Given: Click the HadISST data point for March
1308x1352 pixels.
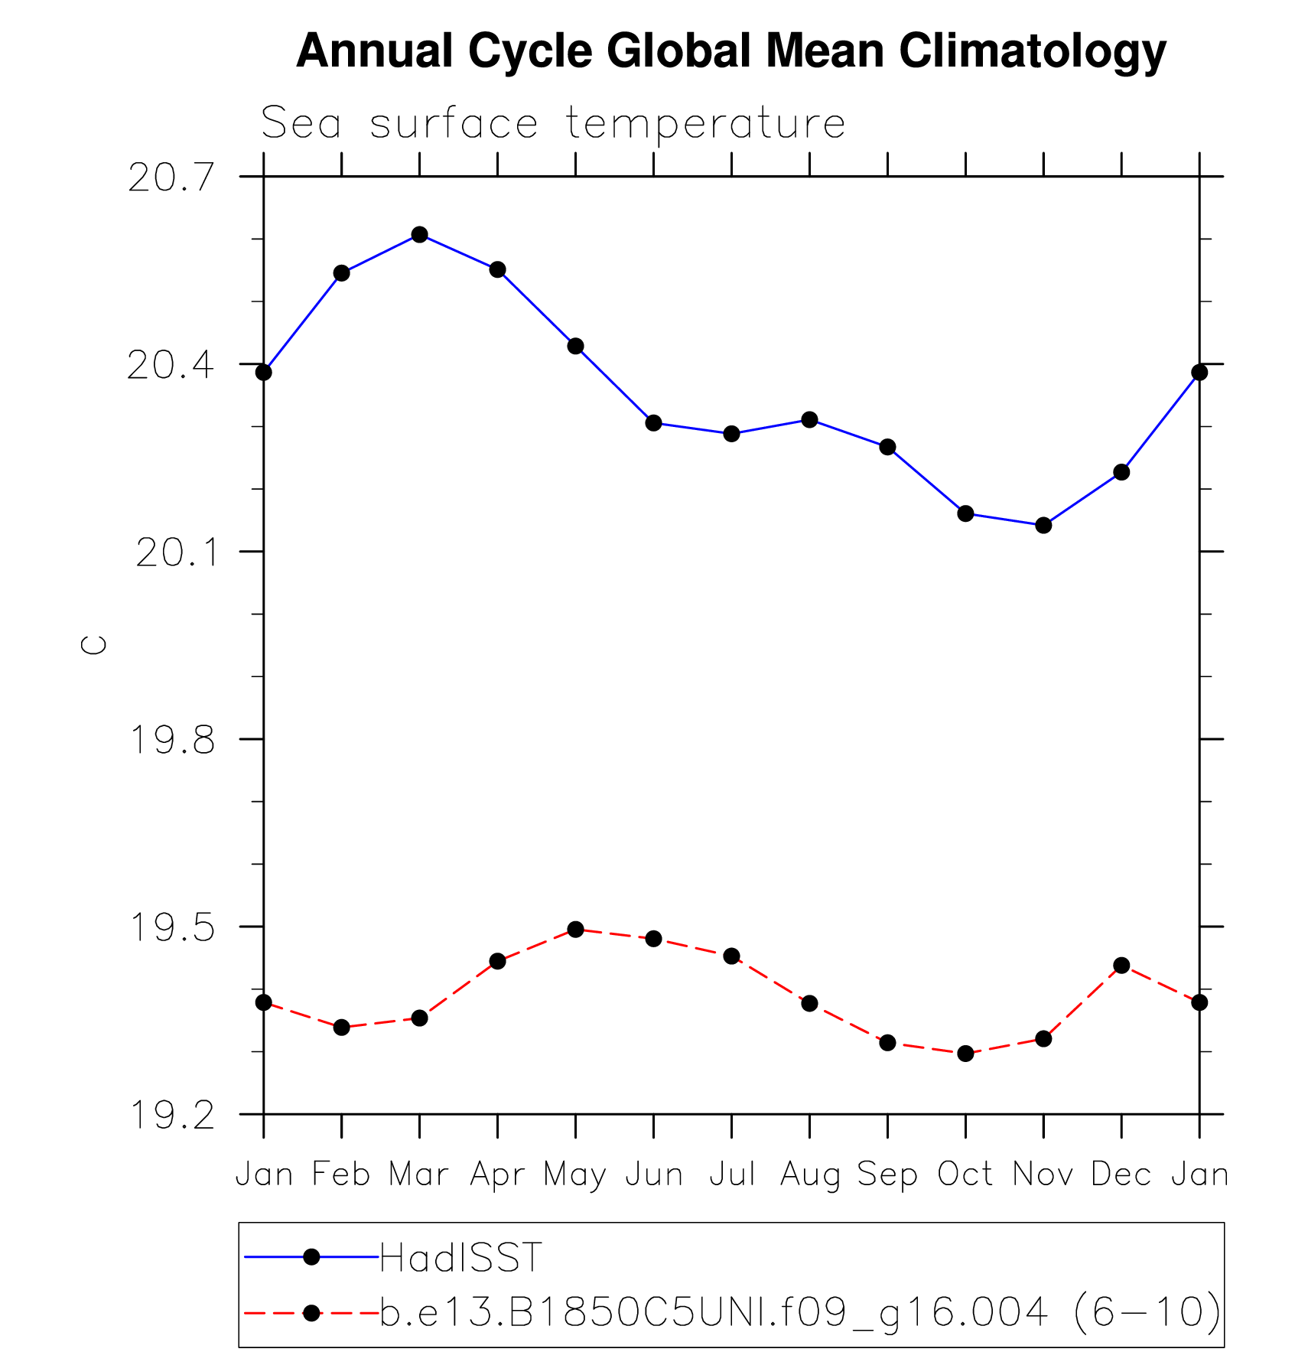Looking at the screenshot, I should pyautogui.click(x=419, y=234).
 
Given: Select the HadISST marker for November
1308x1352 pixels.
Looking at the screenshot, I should pyautogui.click(x=1043, y=525).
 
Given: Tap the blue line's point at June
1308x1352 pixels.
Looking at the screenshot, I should pyautogui.click(x=653, y=422).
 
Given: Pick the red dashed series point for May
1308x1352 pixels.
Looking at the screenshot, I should pyautogui.click(x=575, y=930).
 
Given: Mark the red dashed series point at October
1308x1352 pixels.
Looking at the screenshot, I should pyautogui.click(x=965, y=1054).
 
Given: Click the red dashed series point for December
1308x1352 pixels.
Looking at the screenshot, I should pyautogui.click(x=1121, y=966).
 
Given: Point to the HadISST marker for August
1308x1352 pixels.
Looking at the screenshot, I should pyautogui.click(x=809, y=419).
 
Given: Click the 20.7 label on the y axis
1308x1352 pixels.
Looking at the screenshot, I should pyautogui.click(x=171, y=178).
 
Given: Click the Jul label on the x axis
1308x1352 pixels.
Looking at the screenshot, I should pyautogui.click(x=732, y=1174).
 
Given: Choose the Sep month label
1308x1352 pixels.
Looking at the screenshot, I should pyautogui.click(x=887, y=1174).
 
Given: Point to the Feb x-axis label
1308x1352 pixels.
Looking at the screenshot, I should pyautogui.click(x=341, y=1174).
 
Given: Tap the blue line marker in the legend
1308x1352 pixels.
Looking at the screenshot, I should pyautogui.click(x=311, y=1256).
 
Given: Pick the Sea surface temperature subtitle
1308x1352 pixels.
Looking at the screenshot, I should pyautogui.click(x=553, y=123).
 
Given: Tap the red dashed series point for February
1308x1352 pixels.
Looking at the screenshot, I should pyautogui.click(x=341, y=1027).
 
